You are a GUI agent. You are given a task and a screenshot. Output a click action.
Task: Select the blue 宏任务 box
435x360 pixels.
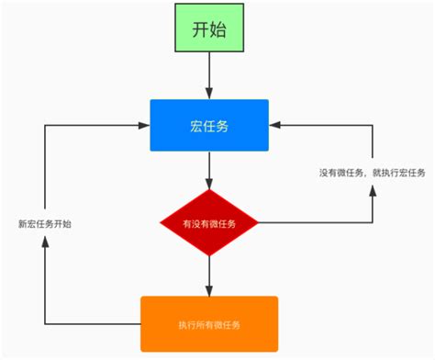pos(209,125)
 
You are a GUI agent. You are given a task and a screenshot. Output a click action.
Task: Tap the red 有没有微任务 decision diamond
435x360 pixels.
pos(209,222)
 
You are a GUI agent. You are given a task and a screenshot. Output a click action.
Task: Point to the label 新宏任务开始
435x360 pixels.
pos(45,222)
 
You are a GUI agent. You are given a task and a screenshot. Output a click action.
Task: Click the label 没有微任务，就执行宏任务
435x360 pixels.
pos(372,173)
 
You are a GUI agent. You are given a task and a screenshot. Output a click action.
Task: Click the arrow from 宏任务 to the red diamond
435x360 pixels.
pos(209,171)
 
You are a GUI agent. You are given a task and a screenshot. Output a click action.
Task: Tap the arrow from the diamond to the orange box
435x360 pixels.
pos(209,273)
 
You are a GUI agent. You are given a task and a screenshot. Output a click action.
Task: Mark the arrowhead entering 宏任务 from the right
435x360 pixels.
pos(275,125)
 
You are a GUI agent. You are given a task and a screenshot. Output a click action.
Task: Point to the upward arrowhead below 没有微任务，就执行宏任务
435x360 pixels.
pos(373,191)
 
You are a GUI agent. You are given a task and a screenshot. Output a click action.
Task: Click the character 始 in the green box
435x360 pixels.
pos(221,28)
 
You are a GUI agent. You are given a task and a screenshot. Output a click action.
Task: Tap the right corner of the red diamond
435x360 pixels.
pos(259,222)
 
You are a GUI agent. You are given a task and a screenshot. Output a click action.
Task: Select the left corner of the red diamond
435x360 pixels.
pos(160,222)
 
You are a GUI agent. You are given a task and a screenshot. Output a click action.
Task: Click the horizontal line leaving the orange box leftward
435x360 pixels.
pos(92,323)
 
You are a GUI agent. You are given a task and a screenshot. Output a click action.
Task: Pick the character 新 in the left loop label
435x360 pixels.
pos(22,222)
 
